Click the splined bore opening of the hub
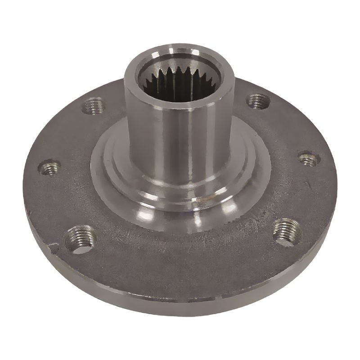click(x=180, y=81)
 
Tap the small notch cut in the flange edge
click(x=53, y=247)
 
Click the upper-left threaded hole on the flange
click(x=95, y=106)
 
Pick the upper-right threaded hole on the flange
click(x=258, y=101)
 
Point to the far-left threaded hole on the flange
click(x=49, y=168)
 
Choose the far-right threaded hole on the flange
click(x=309, y=158)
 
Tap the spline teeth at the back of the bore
click(x=180, y=74)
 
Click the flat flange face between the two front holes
click(x=180, y=256)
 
